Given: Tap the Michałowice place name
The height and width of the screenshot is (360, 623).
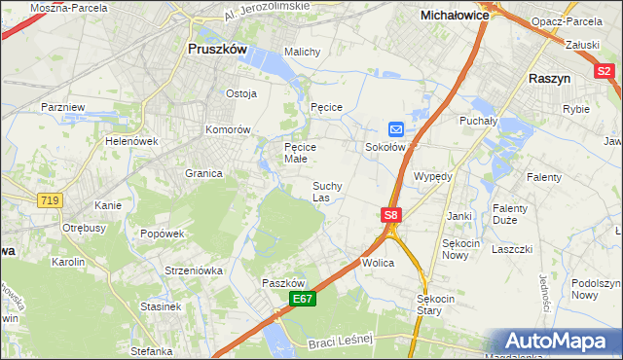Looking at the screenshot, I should [454, 16].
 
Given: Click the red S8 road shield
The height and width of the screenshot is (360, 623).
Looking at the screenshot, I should [390, 214].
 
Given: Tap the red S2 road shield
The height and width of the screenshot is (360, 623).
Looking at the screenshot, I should [605, 70].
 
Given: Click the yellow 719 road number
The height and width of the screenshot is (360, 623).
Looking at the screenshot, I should [50, 199].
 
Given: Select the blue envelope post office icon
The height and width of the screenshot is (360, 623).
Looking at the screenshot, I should [396, 128].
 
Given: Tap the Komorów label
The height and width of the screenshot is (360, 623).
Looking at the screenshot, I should [229, 129].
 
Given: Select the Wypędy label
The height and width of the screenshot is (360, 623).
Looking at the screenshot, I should [433, 177].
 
